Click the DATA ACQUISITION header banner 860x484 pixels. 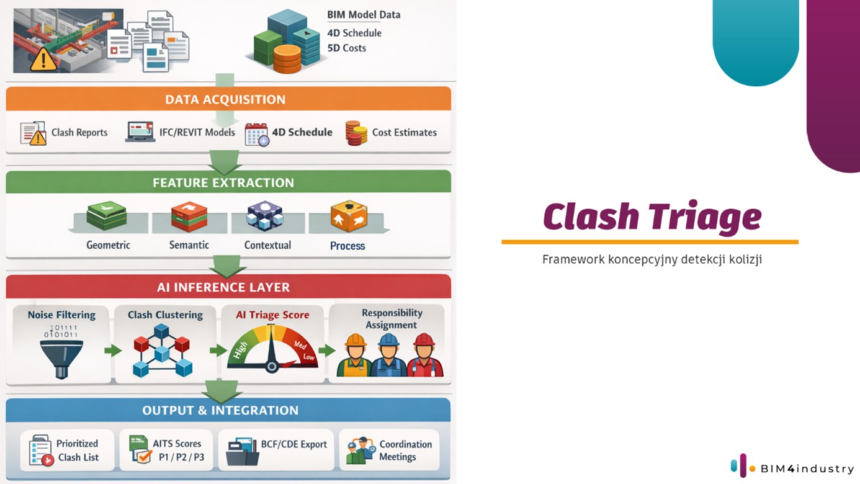pos(228,99)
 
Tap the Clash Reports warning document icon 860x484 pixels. pos(33,133)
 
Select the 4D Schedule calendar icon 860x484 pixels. pos(256,134)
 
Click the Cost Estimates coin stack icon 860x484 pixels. pos(356,133)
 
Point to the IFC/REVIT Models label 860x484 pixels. pos(197,132)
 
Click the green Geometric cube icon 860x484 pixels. pos(107,215)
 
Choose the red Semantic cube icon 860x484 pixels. pos(189,217)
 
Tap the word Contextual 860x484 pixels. pos(267,245)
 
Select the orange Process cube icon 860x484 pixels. pos(349,216)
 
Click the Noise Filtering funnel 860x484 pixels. pos(61,359)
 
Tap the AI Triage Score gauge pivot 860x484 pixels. pos(271,367)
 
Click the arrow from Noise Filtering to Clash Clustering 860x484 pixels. pos(113,351)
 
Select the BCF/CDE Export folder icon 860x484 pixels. pos(241,451)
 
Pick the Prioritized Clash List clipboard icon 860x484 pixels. pos(41,450)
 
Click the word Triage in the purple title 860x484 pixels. pos(705,217)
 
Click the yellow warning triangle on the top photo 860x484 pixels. pos(43,60)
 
